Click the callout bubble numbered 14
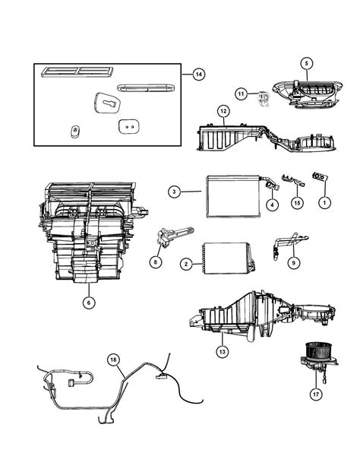pos(199,74)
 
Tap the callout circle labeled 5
pos(306,63)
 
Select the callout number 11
pos(242,93)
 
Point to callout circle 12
pos(224,111)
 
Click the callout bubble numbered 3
pos(175,192)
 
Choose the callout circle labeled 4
pos(272,204)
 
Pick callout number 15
pos(297,203)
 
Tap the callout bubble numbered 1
pos(324,203)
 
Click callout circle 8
pos(156,261)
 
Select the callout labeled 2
pos(186,264)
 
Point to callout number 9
pos(293,262)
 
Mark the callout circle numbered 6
pos(89,303)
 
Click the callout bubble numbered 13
pos(223,351)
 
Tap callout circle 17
pos(316,394)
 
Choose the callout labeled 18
pos(114,360)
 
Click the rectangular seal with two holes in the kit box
pos(129,126)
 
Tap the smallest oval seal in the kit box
pos(75,132)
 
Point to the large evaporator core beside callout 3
pos(233,197)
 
